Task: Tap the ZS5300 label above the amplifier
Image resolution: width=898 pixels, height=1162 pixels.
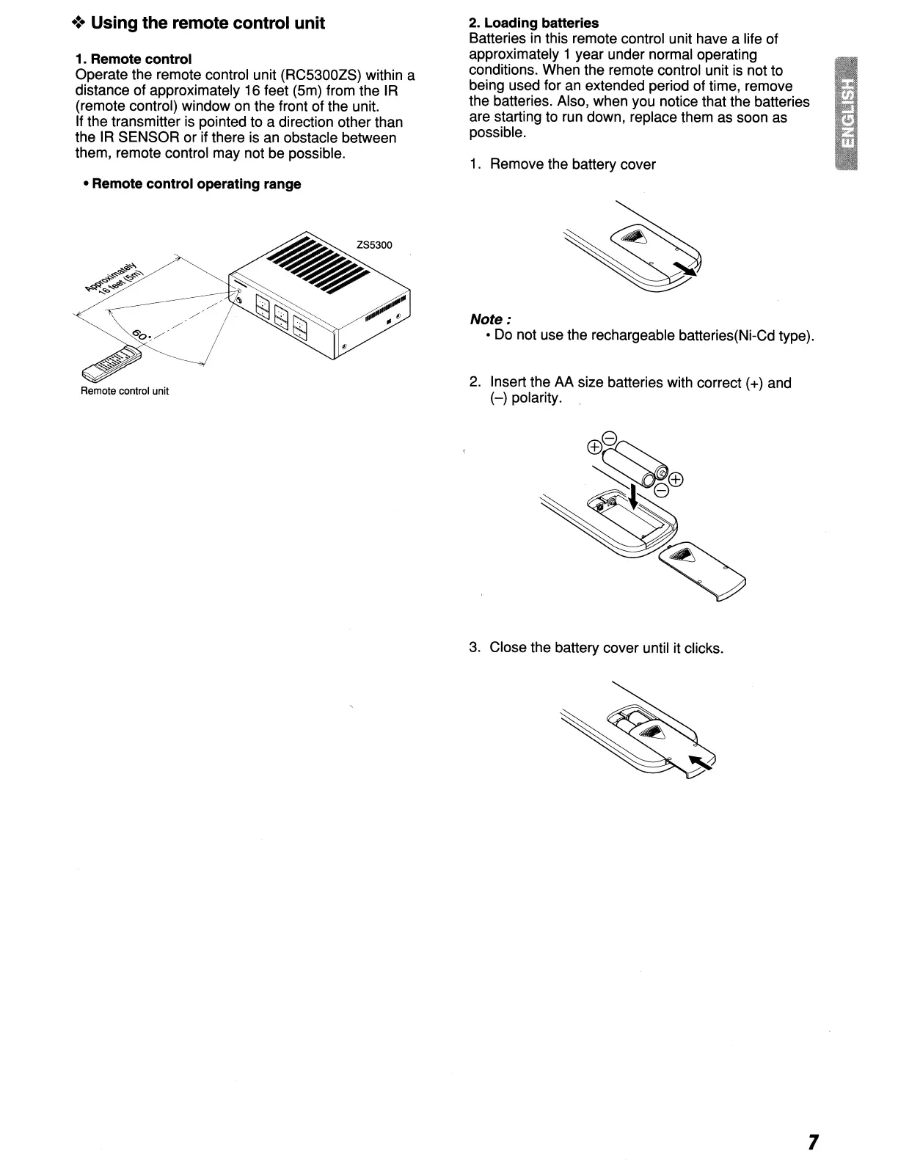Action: click(374, 244)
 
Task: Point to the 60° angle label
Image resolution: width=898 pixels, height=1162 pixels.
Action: click(142, 337)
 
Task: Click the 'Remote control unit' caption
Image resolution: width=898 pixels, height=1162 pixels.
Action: click(125, 391)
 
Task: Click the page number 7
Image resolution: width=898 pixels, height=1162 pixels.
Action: click(812, 1141)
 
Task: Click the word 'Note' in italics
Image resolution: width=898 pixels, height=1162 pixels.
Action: click(487, 319)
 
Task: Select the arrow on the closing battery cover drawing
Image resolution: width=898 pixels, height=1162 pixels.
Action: click(701, 763)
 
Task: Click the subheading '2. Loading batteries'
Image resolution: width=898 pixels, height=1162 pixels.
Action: click(533, 23)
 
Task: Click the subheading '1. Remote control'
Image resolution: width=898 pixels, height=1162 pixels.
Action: click(134, 59)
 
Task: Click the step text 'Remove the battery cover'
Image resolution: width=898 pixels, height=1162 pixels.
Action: click(572, 164)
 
